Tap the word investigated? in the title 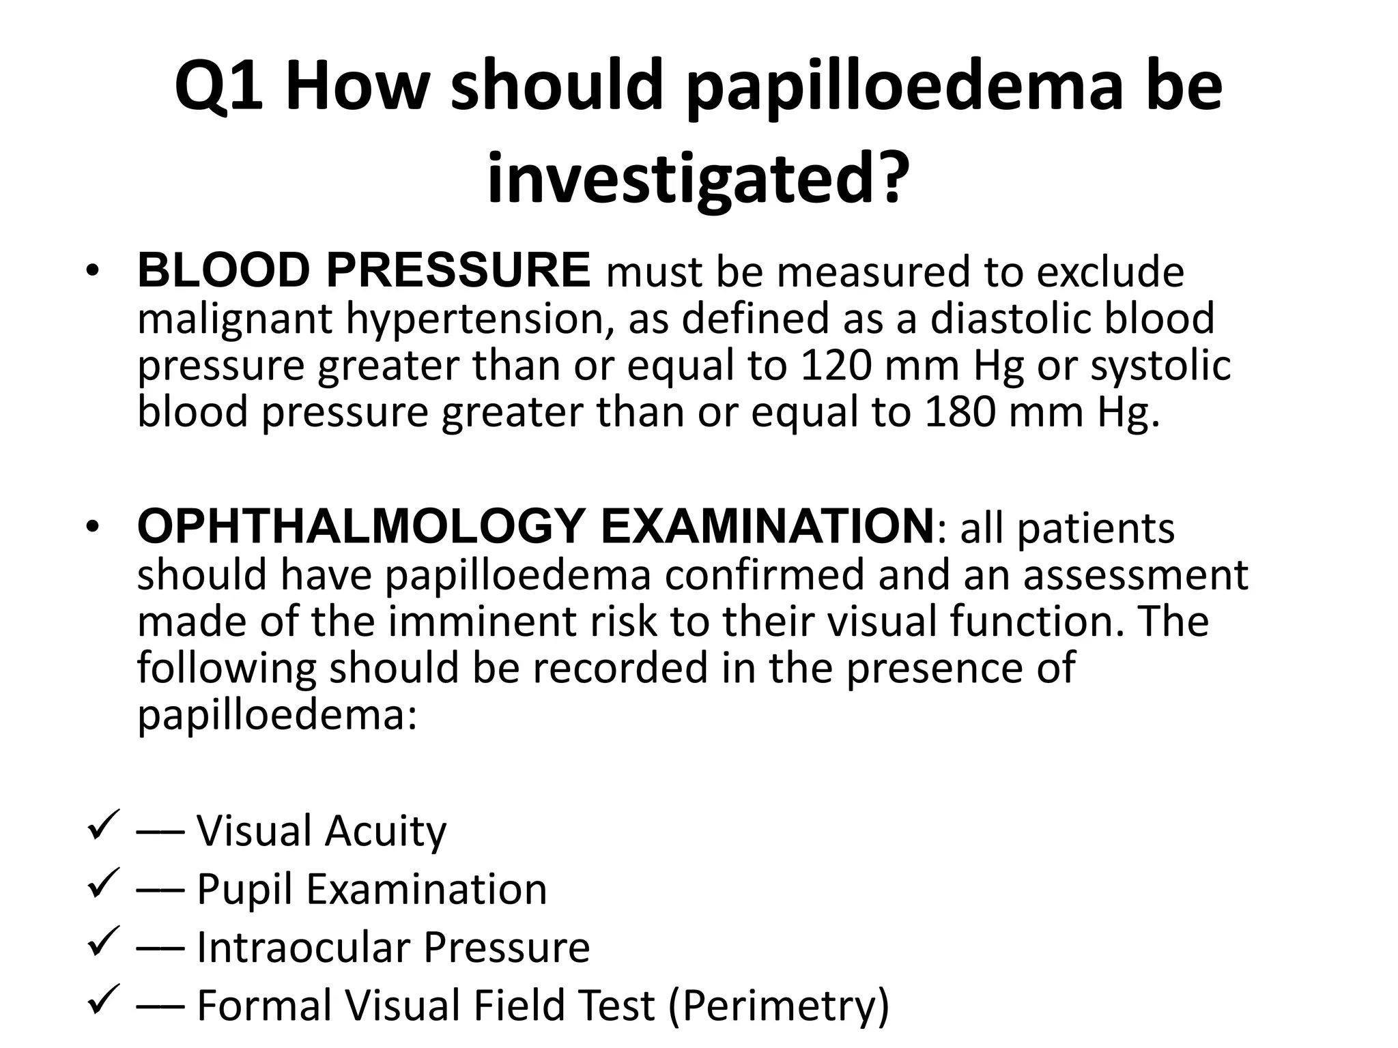698,179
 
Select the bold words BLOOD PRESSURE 364,271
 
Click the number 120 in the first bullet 835,365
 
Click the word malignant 234,319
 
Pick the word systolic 1160,366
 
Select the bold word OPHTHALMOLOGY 361,527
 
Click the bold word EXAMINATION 767,527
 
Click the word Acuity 385,832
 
